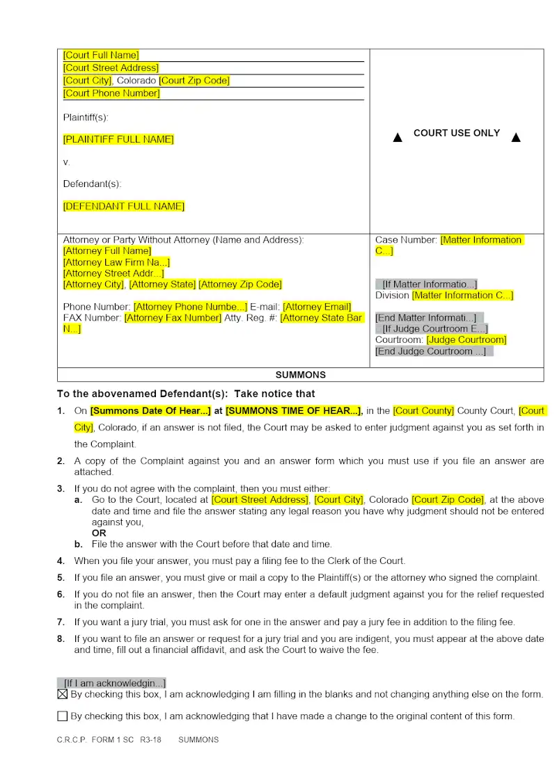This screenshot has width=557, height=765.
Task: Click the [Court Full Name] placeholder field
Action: [101, 55]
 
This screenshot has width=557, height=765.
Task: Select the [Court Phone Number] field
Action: [111, 93]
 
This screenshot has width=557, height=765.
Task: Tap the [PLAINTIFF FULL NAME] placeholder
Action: [118, 139]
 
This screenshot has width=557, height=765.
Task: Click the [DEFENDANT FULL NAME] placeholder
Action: [124, 206]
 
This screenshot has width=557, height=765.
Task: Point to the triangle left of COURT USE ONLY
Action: [398, 138]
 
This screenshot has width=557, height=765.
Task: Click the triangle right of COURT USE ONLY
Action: [516, 138]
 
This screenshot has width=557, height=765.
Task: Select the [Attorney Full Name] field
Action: [107, 250]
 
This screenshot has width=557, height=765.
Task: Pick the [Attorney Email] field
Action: [317, 307]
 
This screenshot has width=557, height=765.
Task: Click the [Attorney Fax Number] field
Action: [172, 318]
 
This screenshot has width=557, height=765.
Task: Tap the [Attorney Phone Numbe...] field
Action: [190, 307]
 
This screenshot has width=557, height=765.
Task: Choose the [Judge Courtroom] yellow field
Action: [466, 339]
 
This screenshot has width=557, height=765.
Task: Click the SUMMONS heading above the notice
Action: [301, 375]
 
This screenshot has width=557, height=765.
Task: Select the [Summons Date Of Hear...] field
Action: [150, 411]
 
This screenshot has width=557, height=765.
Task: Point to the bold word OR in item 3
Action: [99, 533]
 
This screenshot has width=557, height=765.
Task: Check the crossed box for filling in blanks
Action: [63, 694]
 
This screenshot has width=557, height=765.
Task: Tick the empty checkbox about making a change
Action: [63, 716]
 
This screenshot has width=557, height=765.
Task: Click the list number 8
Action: [61, 638]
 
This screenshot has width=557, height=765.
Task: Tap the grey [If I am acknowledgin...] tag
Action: [111, 683]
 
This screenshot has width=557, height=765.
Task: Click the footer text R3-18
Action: [150, 740]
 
